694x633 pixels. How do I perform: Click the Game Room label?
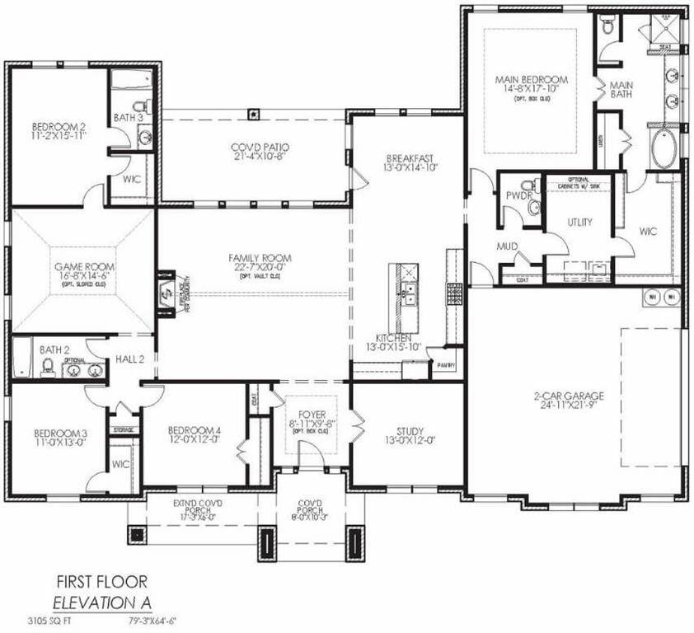[85, 267]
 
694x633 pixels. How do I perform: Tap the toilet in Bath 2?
[47, 364]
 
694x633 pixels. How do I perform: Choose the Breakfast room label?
[410, 157]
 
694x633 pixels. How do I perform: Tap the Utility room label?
[580, 223]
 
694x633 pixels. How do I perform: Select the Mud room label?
[506, 246]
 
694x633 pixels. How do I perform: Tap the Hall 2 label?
[129, 359]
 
